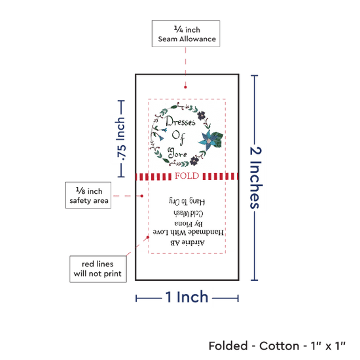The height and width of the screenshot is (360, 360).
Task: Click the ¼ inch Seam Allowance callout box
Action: [186, 34]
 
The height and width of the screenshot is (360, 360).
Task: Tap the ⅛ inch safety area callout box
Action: [88, 196]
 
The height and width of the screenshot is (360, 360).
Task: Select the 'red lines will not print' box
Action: [98, 269]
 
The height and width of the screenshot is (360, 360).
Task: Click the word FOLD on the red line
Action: [187, 176]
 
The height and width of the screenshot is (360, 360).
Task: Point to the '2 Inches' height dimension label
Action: [255, 177]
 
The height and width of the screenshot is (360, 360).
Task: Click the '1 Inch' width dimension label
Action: [187, 297]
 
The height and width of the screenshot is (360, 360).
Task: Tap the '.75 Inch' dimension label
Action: [121, 139]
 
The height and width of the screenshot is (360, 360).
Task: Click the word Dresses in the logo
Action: [181, 121]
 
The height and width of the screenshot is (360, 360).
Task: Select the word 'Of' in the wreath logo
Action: [179, 137]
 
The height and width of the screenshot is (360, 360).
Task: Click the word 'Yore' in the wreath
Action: [177, 153]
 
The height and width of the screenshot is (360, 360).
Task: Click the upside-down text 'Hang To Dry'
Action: [187, 202]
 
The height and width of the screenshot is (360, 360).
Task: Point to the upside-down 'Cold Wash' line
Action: [189, 213]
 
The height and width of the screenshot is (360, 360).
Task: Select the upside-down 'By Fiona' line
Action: [189, 223]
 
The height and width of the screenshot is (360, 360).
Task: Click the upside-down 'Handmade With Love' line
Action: [189, 232]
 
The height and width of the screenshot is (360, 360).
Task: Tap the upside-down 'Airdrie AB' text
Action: [187, 242]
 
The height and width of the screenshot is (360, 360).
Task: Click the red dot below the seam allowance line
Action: [185, 87]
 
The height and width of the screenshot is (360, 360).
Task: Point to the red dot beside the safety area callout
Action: [142, 196]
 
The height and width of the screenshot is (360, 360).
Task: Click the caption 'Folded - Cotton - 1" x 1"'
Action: [277, 346]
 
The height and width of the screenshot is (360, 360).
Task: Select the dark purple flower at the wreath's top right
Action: [202, 115]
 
